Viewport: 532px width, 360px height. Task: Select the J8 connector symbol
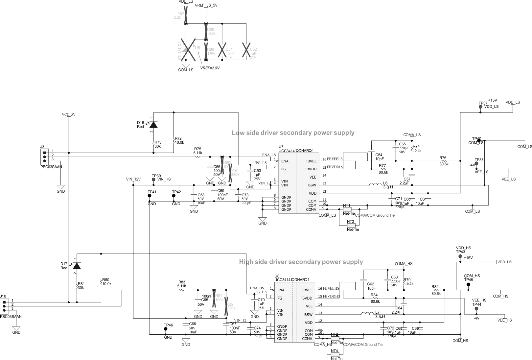pos(44,157)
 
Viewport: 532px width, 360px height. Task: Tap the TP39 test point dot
pos(153,180)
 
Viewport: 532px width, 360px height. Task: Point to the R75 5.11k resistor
pos(198,157)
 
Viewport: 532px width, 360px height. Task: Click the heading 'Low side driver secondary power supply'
pos(293,133)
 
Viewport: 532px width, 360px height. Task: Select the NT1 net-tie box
pos(347,209)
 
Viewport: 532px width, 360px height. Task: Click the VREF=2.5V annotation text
pos(210,68)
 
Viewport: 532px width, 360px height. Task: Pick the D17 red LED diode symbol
pos(77,266)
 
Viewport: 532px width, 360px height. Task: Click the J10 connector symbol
pos(4,306)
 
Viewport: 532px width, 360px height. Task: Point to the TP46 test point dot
pos(166,329)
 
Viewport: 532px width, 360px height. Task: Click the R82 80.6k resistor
pos(436,290)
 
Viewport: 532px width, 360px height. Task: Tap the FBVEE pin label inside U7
pos(311,161)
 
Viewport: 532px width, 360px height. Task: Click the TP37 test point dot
pos(480,107)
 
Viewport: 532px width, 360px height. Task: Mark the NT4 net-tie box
pos(335,355)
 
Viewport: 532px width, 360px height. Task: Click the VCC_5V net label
pos(69,115)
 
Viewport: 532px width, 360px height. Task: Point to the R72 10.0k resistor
pos(173,140)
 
